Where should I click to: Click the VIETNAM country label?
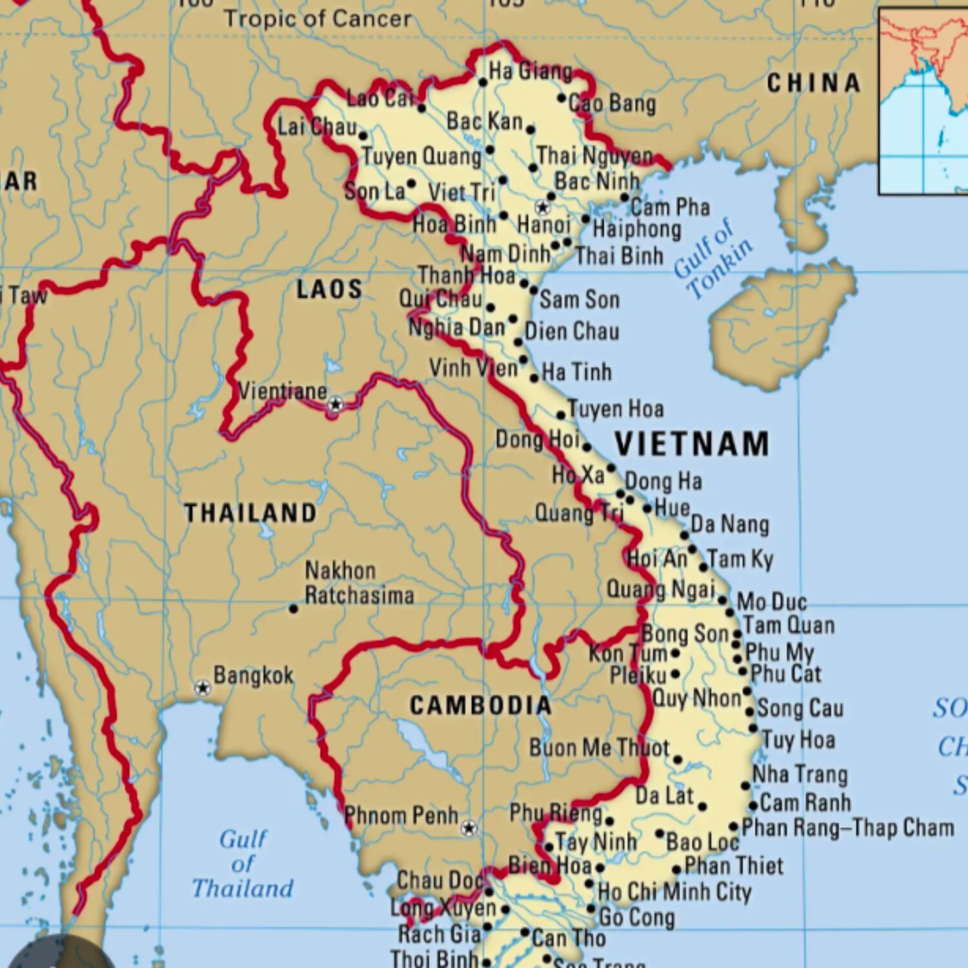pyautogui.click(x=691, y=444)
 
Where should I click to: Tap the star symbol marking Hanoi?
pyautogui.click(x=543, y=207)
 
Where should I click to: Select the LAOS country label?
pyautogui.click(x=329, y=289)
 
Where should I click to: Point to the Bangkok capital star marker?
pyautogui.click(x=203, y=687)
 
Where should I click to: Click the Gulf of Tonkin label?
pyautogui.click(x=713, y=258)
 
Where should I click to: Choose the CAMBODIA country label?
pyautogui.click(x=481, y=705)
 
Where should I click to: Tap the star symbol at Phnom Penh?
pyautogui.click(x=469, y=827)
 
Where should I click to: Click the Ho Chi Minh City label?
pyautogui.click(x=674, y=892)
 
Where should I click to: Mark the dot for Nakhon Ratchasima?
pyautogui.click(x=294, y=609)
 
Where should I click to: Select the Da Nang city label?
pyautogui.click(x=730, y=524)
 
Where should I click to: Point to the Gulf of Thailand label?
pyautogui.click(x=243, y=863)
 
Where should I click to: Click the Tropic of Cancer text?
pyautogui.click(x=318, y=19)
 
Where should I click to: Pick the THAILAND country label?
pyautogui.click(x=250, y=513)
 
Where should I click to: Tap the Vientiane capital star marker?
pyautogui.click(x=335, y=405)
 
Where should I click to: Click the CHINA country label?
pyautogui.click(x=814, y=83)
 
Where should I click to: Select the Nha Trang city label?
pyautogui.click(x=800, y=774)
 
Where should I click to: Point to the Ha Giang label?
pyautogui.click(x=530, y=70)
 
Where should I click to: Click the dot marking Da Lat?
pyautogui.click(x=702, y=806)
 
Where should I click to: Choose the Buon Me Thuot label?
pyautogui.click(x=600, y=748)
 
